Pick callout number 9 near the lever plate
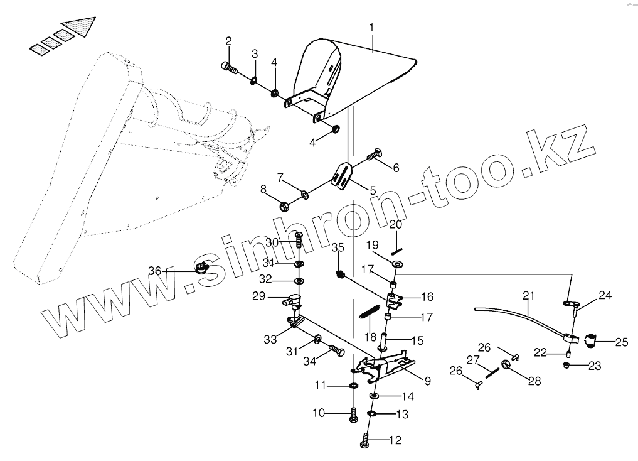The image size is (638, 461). point(427,379)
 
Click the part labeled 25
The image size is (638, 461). point(590,341)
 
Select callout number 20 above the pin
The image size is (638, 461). point(395,225)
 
